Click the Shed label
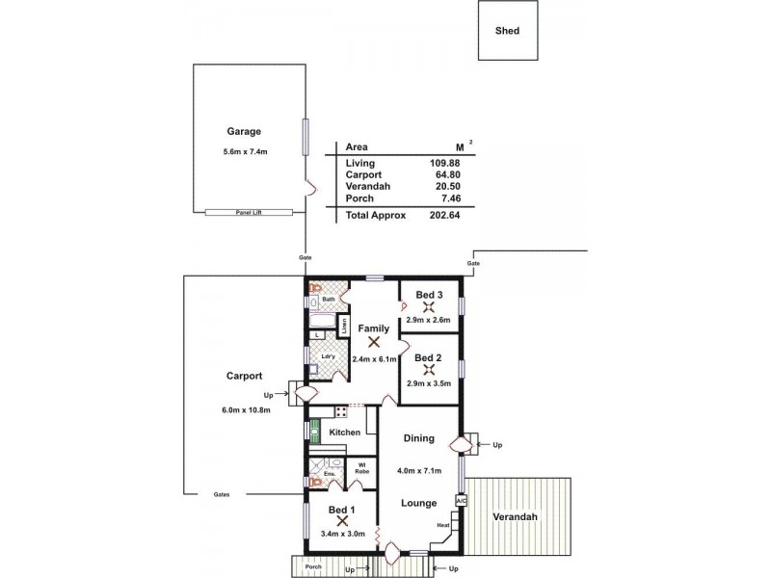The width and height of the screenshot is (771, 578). point(507,31)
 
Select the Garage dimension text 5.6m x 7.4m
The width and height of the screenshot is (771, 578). point(244,151)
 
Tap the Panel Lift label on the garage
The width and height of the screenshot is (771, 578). point(249,212)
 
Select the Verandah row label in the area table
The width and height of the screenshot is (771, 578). point(366,187)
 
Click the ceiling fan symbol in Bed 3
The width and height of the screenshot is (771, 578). point(429,308)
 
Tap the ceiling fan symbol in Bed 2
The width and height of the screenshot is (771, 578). point(429,370)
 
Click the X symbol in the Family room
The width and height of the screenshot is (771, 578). point(374,341)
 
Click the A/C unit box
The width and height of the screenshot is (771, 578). point(461,501)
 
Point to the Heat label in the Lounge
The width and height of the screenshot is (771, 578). point(442,525)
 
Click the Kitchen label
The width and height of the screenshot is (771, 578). point(344,433)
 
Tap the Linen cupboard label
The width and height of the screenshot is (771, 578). point(343,325)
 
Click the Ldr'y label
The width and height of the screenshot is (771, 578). point(327,357)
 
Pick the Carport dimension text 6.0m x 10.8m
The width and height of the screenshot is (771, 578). point(246,409)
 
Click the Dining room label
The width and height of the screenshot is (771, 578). point(419,438)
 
